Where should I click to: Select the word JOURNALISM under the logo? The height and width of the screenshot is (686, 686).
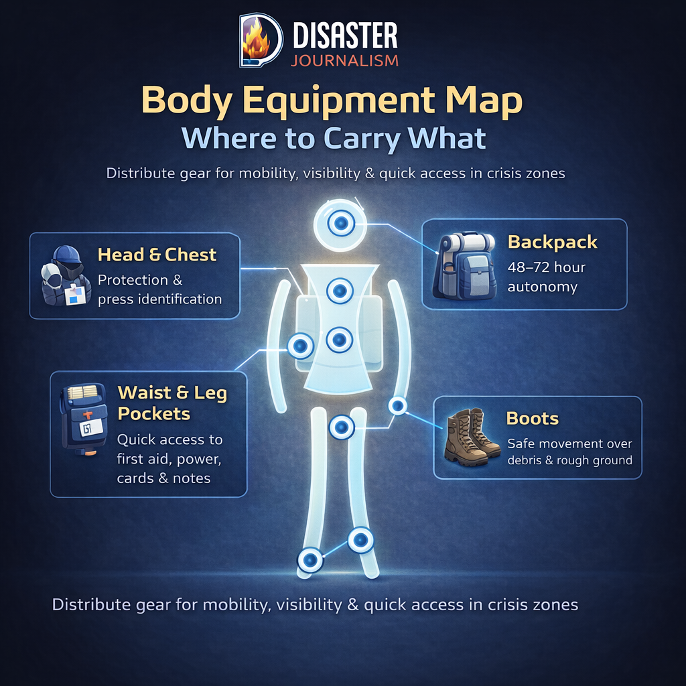345,60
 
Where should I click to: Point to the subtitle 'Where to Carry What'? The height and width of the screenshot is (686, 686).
334,138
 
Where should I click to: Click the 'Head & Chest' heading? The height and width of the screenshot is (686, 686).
157,255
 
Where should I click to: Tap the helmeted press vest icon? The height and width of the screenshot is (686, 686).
66,275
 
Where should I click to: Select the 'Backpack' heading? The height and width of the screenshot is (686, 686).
552,242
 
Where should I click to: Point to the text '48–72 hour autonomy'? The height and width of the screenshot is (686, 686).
546,277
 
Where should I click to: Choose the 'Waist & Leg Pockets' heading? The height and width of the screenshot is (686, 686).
172,403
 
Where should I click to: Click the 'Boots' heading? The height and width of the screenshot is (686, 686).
532,419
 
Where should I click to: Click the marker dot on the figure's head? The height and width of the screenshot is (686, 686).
340,222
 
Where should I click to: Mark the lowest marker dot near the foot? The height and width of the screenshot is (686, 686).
310,559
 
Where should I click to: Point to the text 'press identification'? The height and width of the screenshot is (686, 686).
159,299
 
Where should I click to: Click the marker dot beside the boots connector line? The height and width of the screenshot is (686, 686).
398,405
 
